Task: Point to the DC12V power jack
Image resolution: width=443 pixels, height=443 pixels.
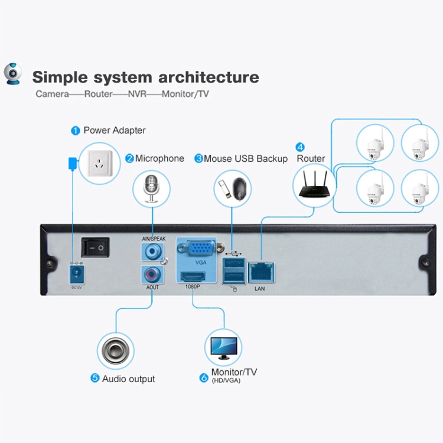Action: coord(76,273)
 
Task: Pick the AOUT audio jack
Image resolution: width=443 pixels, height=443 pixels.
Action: coord(151,274)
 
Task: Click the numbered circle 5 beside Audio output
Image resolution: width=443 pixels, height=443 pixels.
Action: coord(95,378)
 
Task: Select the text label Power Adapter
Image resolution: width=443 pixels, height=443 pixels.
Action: coord(114,130)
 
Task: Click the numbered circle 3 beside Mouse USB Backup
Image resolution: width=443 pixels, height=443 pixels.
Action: coord(198,158)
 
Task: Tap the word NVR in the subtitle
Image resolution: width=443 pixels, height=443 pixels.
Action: coord(137,94)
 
